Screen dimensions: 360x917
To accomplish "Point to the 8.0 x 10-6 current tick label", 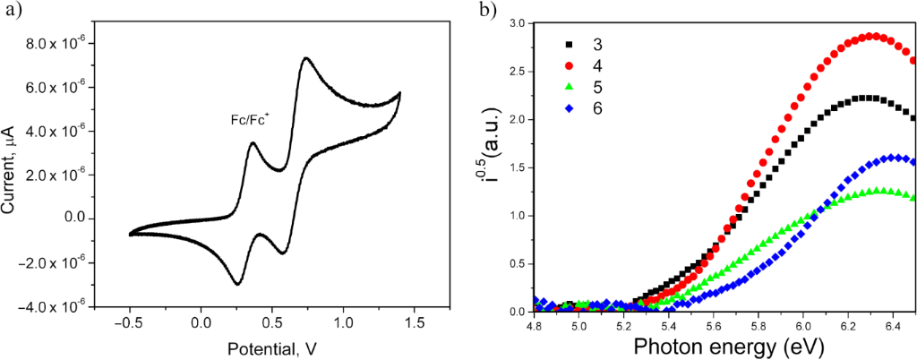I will pos(56,44).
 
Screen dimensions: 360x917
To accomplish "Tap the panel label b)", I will pos(487,12).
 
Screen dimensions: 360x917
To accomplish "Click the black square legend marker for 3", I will pos(567,44).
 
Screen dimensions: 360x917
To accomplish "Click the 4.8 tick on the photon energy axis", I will pos(534,324).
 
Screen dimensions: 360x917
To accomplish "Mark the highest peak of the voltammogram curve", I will pos(305,58).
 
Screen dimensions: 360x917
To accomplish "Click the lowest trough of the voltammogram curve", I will pos(237,284).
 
